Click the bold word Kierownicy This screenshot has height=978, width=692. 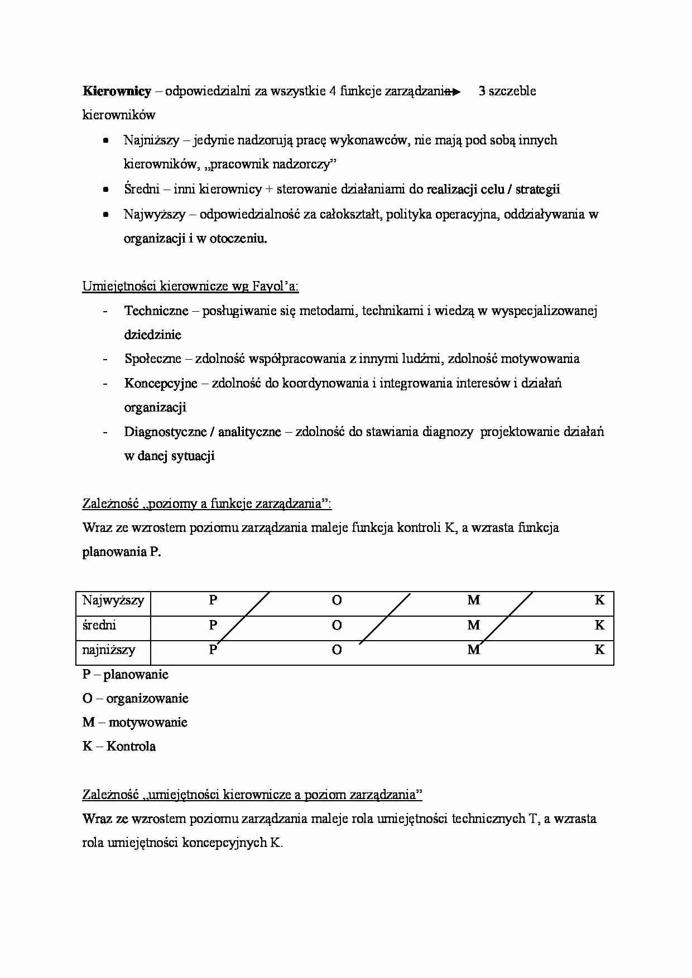click(117, 91)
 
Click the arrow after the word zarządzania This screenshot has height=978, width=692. click(453, 91)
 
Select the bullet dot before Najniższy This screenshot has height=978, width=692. click(105, 141)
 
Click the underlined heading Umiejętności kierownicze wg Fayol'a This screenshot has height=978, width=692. click(190, 286)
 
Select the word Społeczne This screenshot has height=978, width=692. click(153, 359)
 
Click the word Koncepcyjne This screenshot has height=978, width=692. click(161, 383)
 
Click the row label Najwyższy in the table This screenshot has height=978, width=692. click(113, 601)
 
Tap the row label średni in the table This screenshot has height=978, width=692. click(99, 625)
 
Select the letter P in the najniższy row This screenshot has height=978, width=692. click(213, 650)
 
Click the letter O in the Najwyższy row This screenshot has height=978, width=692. click(337, 601)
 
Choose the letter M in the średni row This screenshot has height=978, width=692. click(473, 625)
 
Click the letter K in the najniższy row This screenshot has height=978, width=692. click(599, 650)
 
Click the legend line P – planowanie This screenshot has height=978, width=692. click(125, 674)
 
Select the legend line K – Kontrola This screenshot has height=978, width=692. click(119, 746)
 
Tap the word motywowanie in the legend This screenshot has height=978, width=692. click(148, 722)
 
